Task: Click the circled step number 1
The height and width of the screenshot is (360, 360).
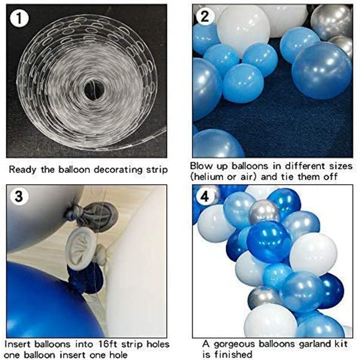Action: pyautogui.click(x=19, y=18)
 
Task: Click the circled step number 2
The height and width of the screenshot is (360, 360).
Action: pyautogui.click(x=205, y=16)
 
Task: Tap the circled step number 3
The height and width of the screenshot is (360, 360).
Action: pyautogui.click(x=19, y=197)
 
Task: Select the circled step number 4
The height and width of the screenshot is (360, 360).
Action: pyautogui.click(x=205, y=197)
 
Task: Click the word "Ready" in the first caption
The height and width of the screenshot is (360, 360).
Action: pyautogui.click(x=23, y=170)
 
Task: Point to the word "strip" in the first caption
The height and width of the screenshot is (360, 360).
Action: pyautogui.click(x=157, y=170)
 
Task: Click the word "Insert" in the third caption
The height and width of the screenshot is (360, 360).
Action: pyautogui.click(x=18, y=344)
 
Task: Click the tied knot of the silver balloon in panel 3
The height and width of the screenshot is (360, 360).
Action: pyautogui.click(x=73, y=212)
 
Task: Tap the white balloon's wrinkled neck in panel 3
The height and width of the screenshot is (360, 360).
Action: pyautogui.click(x=81, y=250)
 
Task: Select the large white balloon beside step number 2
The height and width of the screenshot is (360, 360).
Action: pyautogui.click(x=244, y=30)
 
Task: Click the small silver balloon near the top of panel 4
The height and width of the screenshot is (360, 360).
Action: pyautogui.click(x=264, y=212)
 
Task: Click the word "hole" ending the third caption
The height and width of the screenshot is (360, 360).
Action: pyautogui.click(x=116, y=355)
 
